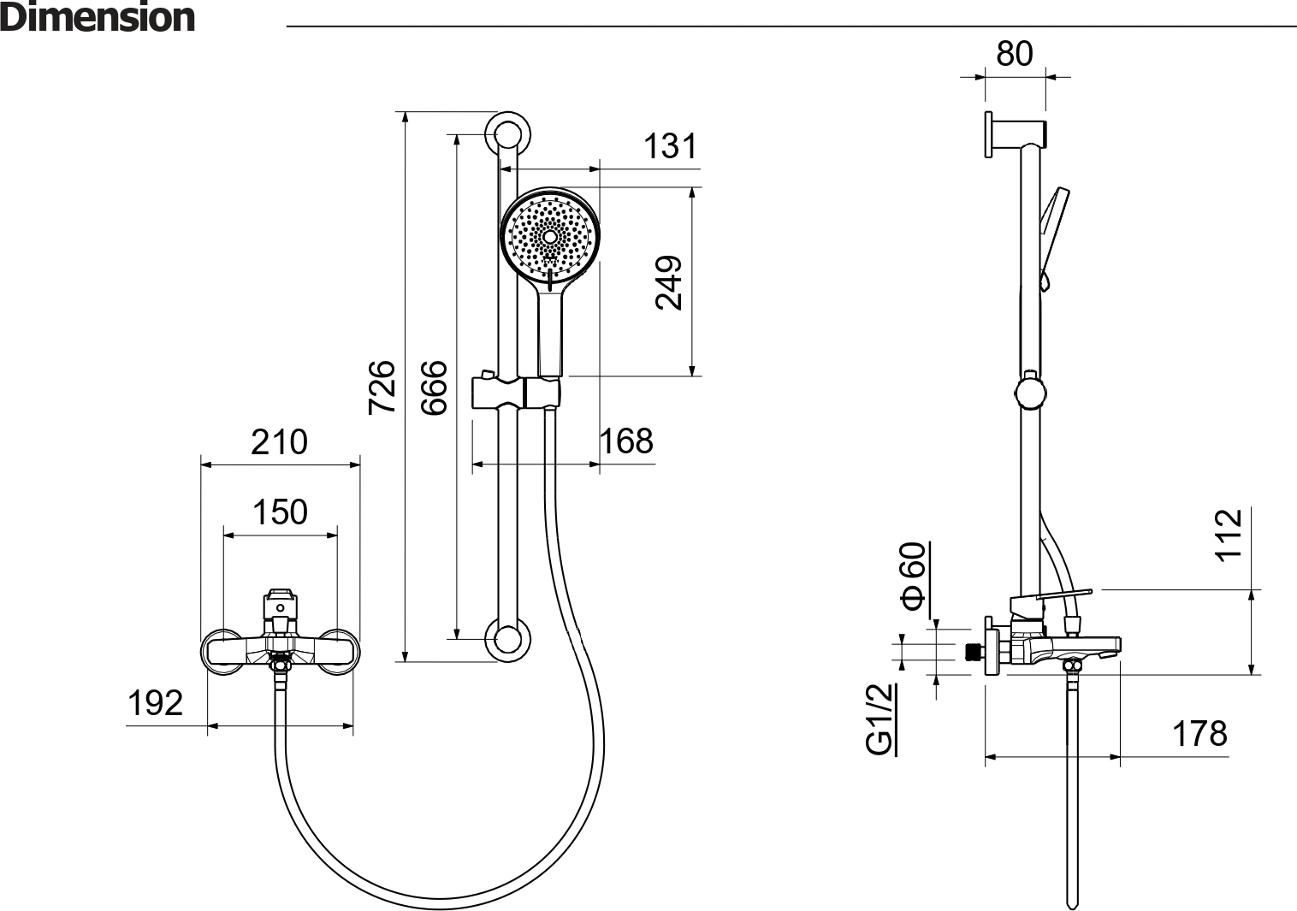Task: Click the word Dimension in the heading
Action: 98,17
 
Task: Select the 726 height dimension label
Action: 382,387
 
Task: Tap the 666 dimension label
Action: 434,387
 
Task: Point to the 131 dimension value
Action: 670,146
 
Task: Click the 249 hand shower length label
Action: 669,282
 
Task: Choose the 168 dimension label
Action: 626,441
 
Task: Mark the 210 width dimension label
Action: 279,442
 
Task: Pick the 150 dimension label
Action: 281,512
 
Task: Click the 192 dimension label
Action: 155,703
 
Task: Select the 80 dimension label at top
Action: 1015,53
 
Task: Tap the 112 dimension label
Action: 1229,535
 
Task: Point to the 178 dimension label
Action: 1199,734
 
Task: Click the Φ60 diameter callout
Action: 913,576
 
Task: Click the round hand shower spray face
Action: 550,236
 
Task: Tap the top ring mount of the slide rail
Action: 508,133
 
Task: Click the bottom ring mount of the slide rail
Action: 508,639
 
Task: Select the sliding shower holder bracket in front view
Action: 517,392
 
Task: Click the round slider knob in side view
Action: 1031,393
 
